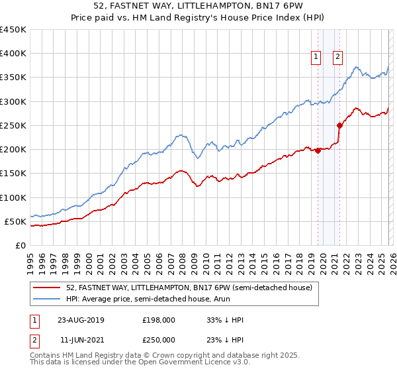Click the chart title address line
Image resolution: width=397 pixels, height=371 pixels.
[x=198, y=6]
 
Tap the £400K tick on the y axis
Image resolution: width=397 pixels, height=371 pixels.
[x=13, y=54]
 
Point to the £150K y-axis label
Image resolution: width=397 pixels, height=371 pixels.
[x=13, y=174]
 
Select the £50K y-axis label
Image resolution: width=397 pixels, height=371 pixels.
[x=15, y=221]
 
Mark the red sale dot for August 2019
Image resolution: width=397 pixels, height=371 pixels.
[x=318, y=150]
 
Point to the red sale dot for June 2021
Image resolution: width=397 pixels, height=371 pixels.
[x=339, y=125]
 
